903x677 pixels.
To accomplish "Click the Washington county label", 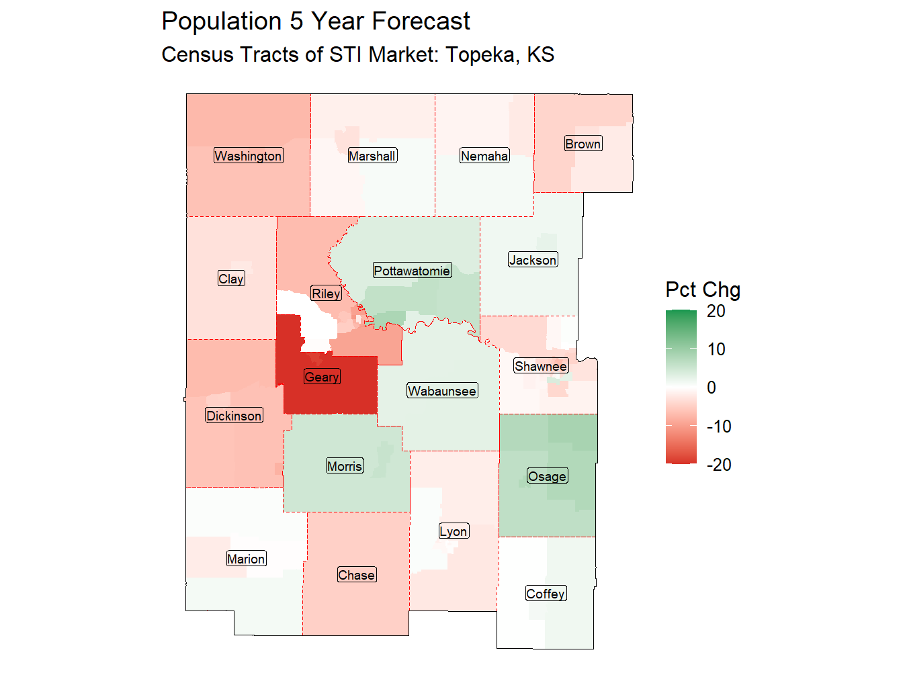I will pyautogui.click(x=248, y=156).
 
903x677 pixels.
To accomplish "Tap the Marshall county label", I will pyautogui.click(x=372, y=156).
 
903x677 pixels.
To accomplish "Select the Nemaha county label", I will pyautogui.click(x=484, y=156).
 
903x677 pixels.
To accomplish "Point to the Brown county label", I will pyautogui.click(x=583, y=144).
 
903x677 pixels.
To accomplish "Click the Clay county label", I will pyautogui.click(x=231, y=279).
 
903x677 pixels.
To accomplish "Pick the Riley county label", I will pyautogui.click(x=327, y=294).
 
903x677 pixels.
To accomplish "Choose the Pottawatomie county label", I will pyautogui.click(x=412, y=271).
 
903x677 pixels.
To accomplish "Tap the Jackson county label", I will pyautogui.click(x=533, y=260).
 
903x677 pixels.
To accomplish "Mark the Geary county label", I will pyautogui.click(x=322, y=377).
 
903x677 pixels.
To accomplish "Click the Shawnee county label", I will pyautogui.click(x=541, y=366).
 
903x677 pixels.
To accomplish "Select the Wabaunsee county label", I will pyautogui.click(x=442, y=391).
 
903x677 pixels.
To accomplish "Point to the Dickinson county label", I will pyautogui.click(x=234, y=416).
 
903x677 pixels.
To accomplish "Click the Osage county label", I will pyautogui.click(x=547, y=476).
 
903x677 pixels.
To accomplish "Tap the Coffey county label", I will pyautogui.click(x=546, y=594).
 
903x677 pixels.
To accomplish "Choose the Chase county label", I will pyautogui.click(x=356, y=575).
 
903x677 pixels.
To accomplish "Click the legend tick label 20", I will pyautogui.click(x=716, y=311).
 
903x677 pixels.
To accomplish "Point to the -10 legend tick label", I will pyautogui.click(x=719, y=426).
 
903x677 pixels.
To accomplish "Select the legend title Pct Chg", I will pyautogui.click(x=703, y=289).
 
